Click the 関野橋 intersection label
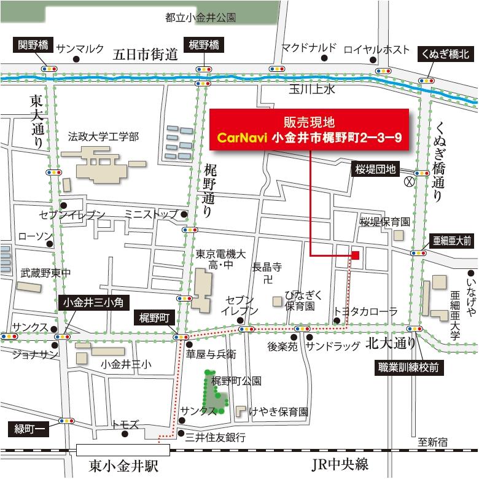coord(32,44)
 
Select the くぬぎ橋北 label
coord(445,55)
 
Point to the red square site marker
coord(354,254)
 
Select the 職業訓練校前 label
coord(408,367)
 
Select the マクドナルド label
coord(309,47)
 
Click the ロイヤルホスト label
coord(376,49)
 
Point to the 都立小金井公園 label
coord(201,18)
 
